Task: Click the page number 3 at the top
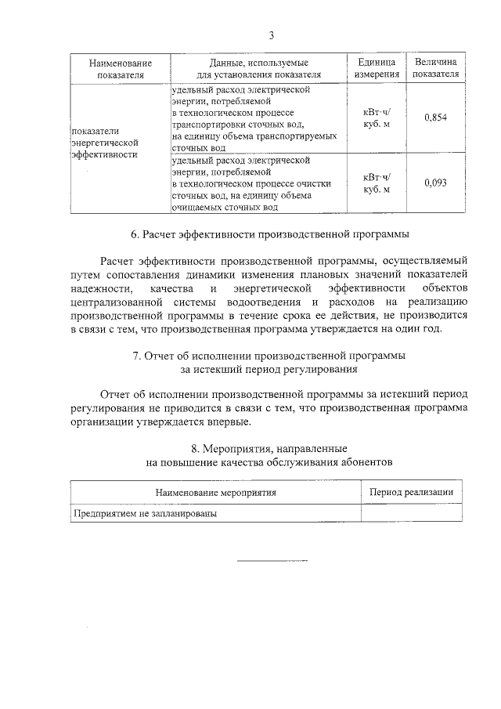(x=271, y=34)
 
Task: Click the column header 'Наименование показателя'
(x=120, y=68)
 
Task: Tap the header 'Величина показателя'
(x=436, y=68)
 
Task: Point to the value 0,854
(x=434, y=118)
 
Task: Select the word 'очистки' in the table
(x=315, y=183)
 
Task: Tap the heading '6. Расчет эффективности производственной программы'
(x=270, y=233)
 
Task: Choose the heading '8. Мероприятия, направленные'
(x=270, y=449)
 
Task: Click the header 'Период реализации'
(x=411, y=491)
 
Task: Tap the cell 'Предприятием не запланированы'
(x=145, y=514)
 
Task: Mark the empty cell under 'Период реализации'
(x=411, y=514)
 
